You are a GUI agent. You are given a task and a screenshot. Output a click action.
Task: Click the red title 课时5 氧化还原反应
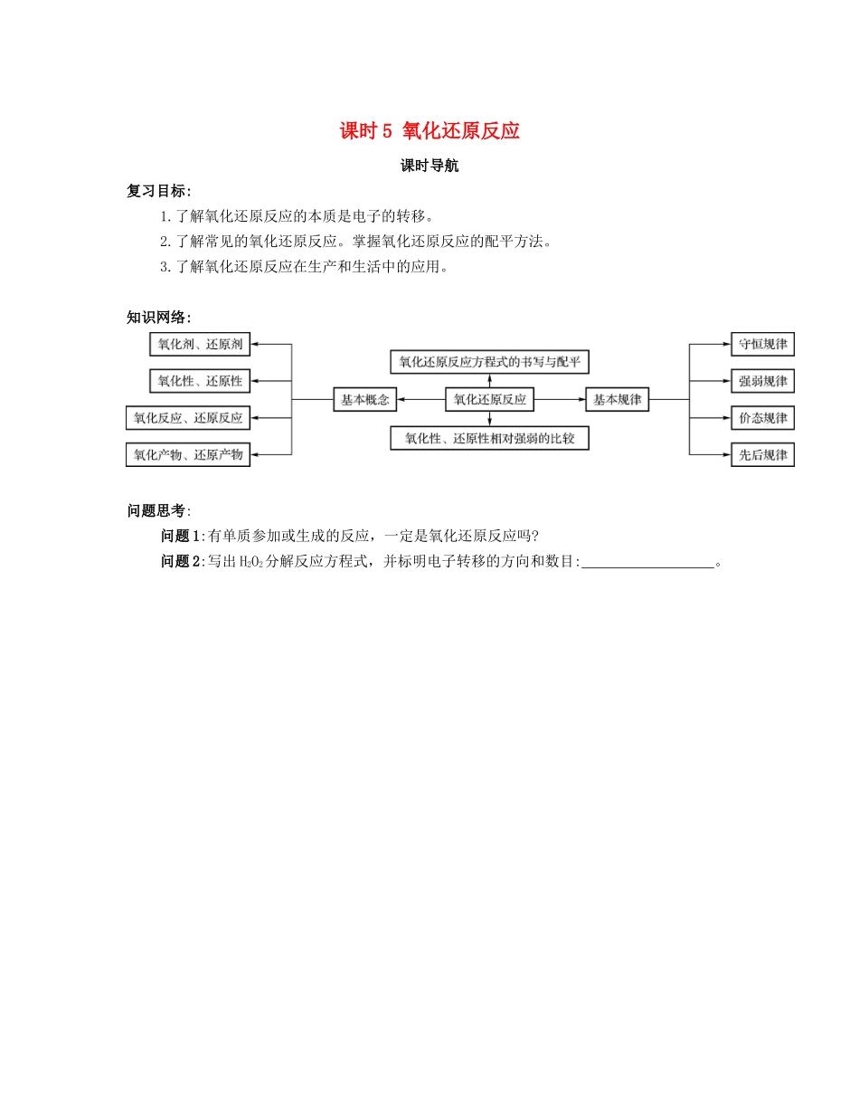pos(429,131)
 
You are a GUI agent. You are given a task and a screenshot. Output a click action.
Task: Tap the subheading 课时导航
pos(429,166)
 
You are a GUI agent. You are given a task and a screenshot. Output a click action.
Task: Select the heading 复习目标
pos(159,191)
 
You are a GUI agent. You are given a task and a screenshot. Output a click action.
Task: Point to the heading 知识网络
pos(159,317)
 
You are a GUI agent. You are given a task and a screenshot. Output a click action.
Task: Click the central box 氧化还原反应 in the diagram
pos(489,399)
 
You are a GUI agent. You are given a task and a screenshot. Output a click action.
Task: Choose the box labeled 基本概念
pos(364,399)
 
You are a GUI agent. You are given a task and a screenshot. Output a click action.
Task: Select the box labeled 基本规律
pos(618,399)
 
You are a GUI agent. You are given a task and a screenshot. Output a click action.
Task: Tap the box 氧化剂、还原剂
pos(200,345)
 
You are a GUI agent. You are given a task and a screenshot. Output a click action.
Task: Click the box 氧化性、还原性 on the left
pos(200,381)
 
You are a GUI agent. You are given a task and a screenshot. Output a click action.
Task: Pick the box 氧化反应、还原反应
pos(188,418)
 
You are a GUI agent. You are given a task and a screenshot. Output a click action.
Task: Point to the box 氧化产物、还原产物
pos(188,455)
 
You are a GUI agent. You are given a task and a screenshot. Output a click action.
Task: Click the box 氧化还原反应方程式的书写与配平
pos(489,363)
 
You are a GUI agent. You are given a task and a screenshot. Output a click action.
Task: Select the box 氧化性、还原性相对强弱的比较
pos(489,439)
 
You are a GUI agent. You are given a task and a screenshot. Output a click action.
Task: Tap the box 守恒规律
pos(762,345)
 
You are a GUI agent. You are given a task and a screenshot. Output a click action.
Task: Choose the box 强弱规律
pos(762,381)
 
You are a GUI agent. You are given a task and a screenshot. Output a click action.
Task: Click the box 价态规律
pos(762,418)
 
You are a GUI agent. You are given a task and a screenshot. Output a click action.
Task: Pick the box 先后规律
pos(762,455)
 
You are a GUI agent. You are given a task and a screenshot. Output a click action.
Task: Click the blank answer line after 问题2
pos(647,563)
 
